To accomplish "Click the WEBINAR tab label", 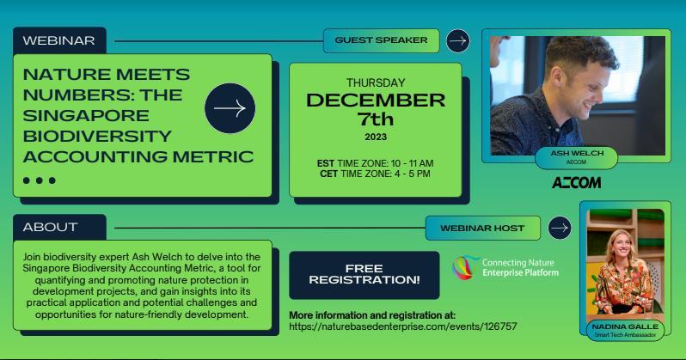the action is point(59,40).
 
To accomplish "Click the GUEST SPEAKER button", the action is point(381,40).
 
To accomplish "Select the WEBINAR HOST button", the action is point(482,228).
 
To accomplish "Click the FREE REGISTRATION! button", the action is point(364,275).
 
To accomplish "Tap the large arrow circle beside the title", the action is point(230,108).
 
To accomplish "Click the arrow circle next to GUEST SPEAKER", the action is point(458,40).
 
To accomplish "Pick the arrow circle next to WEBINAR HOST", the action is point(560,228).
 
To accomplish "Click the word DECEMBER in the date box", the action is point(376,101).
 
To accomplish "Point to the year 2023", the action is point(376,137).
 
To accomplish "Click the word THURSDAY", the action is point(376,82).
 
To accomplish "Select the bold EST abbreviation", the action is point(326,163).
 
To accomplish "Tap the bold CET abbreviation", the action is point(328,174).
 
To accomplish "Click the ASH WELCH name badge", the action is point(576,157).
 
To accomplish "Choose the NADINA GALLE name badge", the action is point(625,330).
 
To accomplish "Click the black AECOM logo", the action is point(576,182).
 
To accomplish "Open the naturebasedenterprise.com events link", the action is point(403,326).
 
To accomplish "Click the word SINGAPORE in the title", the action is point(86,116).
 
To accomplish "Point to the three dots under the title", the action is point(40,180).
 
